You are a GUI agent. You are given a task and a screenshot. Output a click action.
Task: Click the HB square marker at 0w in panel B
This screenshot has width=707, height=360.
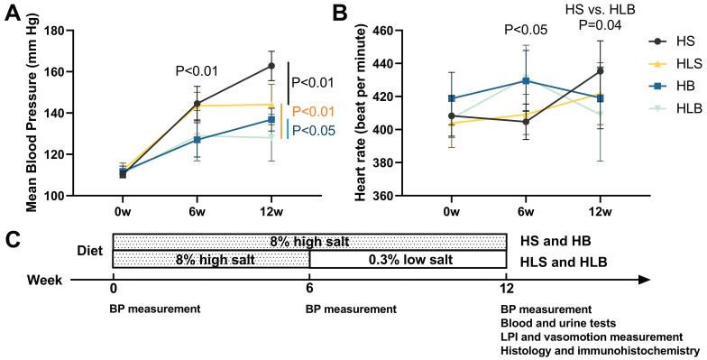pyautogui.click(x=452, y=98)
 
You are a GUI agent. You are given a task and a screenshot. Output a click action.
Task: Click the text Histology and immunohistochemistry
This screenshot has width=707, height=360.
pyautogui.click(x=601, y=349)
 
